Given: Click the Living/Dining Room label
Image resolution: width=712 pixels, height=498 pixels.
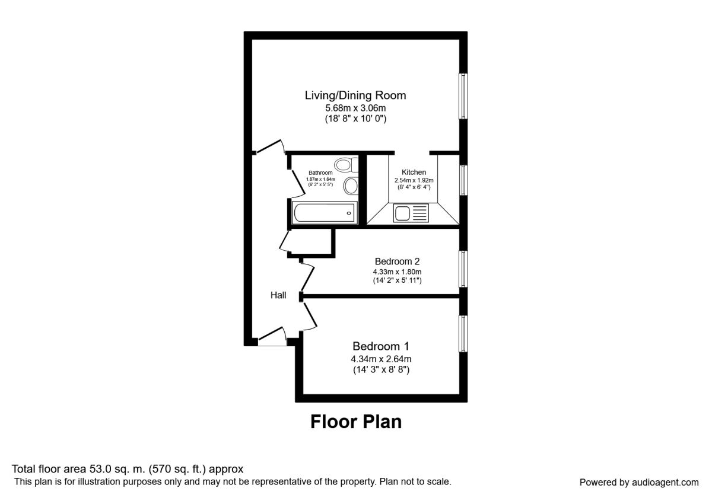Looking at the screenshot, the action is click(355, 95).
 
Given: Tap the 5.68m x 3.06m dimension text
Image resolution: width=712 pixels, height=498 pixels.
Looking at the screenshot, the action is click(355, 108).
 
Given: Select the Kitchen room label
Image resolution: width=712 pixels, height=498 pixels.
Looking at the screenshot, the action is click(414, 173).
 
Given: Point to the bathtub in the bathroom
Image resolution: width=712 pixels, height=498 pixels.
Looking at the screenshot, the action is click(323, 212).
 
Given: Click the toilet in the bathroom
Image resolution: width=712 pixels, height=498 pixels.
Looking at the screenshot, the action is click(345, 164).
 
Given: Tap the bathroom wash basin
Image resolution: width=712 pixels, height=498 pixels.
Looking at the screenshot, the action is click(351, 186).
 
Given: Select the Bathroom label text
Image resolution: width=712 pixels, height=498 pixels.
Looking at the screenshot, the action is click(320, 173).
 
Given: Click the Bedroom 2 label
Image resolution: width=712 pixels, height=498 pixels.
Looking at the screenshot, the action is click(398, 261).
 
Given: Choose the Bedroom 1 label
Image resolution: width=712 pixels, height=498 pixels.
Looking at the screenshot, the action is click(381, 346).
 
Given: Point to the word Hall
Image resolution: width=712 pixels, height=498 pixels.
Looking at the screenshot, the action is click(278, 295).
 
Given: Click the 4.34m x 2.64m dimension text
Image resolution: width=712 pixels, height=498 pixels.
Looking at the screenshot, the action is click(381, 359).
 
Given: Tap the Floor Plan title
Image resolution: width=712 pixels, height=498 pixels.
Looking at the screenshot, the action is click(356, 422).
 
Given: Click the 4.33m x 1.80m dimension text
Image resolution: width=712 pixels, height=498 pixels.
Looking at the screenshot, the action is click(398, 272).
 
